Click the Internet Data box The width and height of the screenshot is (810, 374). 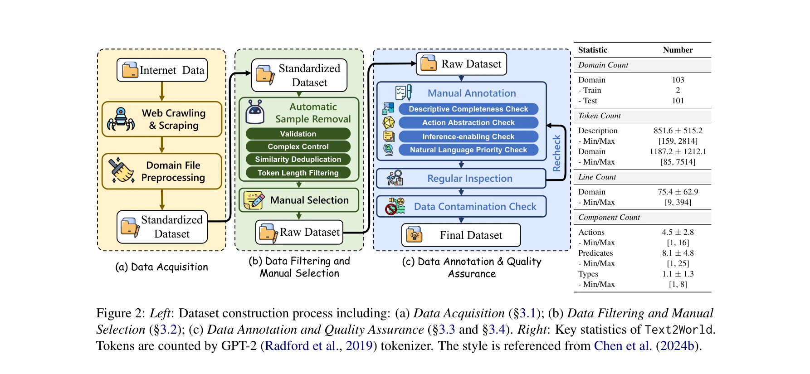pyautogui.click(x=162, y=70)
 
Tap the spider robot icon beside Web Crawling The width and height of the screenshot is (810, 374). pyautogui.click(x=121, y=119)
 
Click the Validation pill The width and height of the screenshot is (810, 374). pyautogui.click(x=298, y=134)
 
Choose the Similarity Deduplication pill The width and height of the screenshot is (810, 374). pyautogui.click(x=298, y=159)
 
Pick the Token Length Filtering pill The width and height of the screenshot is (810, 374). pyautogui.click(x=298, y=173)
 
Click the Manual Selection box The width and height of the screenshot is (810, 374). pyautogui.click(x=299, y=200)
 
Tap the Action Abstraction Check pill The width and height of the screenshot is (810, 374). pyautogui.click(x=468, y=122)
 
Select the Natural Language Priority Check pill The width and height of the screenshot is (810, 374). pyautogui.click(x=468, y=150)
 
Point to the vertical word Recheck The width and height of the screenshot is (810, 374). pyautogui.click(x=556, y=153)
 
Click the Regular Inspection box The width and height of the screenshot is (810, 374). pyautogui.click(x=461, y=179)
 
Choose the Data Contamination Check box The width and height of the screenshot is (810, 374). pyautogui.click(x=461, y=207)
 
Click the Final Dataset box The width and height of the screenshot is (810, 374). pyautogui.click(x=461, y=235)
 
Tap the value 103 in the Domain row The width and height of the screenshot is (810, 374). pyautogui.click(x=678, y=80)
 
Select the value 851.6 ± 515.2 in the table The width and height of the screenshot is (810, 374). pyautogui.click(x=678, y=131)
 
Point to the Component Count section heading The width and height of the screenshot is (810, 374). pyautogui.click(x=609, y=218)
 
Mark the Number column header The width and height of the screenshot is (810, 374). pyautogui.click(x=678, y=50)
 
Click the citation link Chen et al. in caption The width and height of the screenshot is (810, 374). pyautogui.click(x=622, y=346)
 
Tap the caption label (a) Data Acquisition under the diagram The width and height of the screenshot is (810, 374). pyautogui.click(x=161, y=267)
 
